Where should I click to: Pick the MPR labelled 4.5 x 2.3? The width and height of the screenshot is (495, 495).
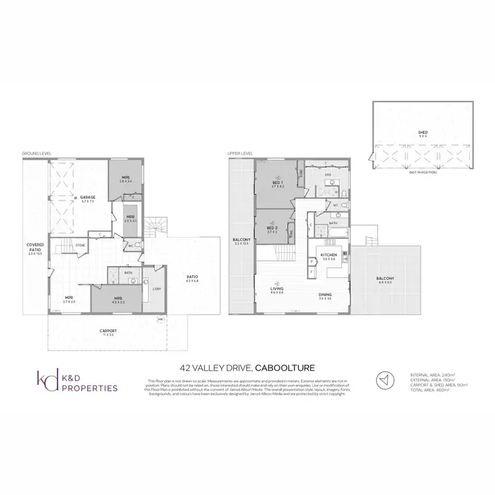pyautogui.click(x=118, y=298)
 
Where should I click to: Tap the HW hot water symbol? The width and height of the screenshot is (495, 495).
pyautogui.click(x=160, y=321)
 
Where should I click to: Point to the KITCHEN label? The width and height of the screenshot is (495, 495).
pyautogui.click(x=329, y=255)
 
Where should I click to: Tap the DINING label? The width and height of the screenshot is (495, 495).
pyautogui.click(x=325, y=295)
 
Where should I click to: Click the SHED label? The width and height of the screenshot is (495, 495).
pyautogui.click(x=422, y=133)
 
